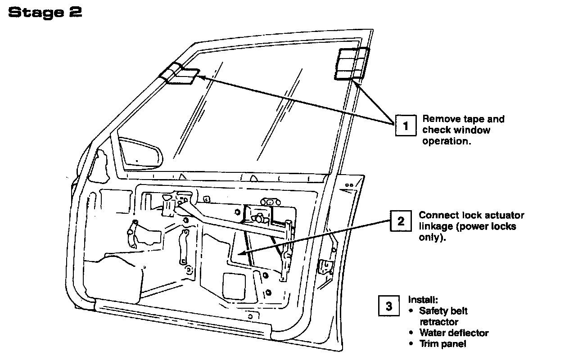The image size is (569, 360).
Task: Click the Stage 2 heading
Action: (x=45, y=13)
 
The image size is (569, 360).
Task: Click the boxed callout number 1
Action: (x=406, y=125)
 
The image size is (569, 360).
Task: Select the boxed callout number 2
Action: (x=401, y=221)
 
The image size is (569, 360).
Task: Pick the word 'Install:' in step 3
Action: (x=423, y=299)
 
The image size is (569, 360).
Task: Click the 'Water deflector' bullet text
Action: (x=454, y=333)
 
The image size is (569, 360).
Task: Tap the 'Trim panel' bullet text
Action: (x=443, y=344)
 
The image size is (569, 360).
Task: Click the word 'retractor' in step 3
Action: (x=439, y=322)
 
